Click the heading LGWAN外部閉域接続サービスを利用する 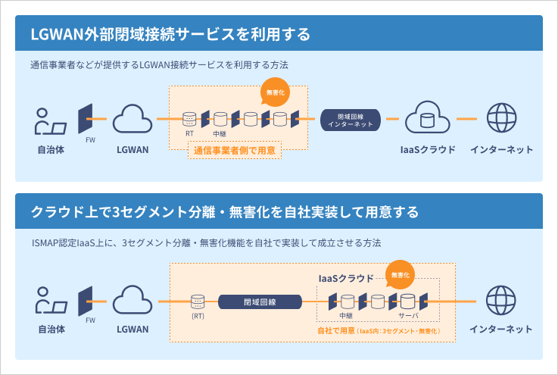[x=170, y=35]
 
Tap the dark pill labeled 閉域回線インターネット [x=350, y=119]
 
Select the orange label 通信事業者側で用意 [x=234, y=150]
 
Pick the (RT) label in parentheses [x=198, y=315]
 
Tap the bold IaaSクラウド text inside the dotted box [x=344, y=278]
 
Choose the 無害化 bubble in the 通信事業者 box [x=274, y=94]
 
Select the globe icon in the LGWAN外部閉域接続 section [x=501, y=119]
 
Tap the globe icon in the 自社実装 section [x=501, y=301]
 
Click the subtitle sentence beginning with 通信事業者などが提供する [x=160, y=66]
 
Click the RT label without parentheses [x=190, y=133]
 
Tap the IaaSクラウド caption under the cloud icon [x=428, y=149]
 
